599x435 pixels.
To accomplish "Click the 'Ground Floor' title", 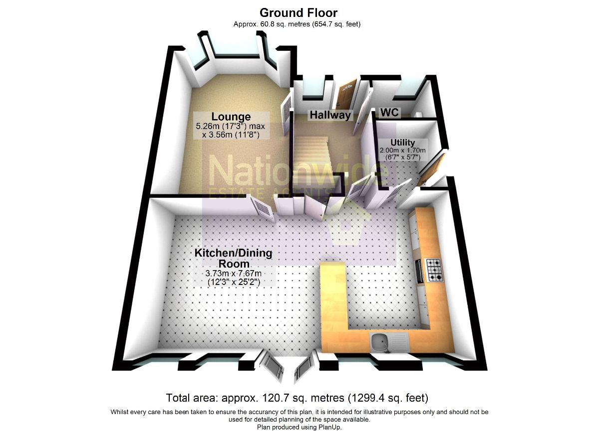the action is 299,13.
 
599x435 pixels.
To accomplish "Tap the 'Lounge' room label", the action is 230,117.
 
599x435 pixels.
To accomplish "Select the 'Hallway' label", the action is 330,115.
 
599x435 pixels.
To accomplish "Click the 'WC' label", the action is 390,113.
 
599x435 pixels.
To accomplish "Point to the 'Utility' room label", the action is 402,143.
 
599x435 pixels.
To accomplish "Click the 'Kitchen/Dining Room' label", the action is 233,258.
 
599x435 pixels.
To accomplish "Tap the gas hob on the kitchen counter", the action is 433,270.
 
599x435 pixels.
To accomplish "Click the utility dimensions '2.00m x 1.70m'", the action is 402,150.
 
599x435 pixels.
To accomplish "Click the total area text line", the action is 298,398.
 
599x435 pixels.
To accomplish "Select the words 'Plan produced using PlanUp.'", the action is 299,427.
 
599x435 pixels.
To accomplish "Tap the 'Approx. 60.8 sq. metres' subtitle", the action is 297,24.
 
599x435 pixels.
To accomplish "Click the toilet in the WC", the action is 418,113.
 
